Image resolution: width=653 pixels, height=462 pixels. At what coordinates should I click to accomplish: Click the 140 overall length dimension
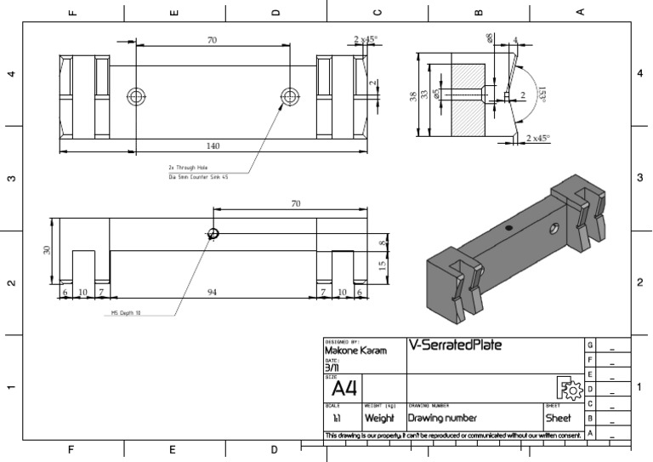click(213, 146)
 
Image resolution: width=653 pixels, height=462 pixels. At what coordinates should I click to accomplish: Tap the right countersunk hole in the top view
click(289, 94)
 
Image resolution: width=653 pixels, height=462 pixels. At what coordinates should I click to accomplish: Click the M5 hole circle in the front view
click(213, 234)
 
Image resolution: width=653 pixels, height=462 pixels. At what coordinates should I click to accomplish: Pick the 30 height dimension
click(48, 250)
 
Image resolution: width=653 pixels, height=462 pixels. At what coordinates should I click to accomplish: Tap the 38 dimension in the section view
click(414, 96)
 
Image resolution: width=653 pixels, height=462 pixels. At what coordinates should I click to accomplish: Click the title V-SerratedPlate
click(455, 345)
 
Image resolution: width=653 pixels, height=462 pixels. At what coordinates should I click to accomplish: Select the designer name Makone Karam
click(355, 351)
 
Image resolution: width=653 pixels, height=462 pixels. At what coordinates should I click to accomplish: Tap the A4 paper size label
click(344, 390)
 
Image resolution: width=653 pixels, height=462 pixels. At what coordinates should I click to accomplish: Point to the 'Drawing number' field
click(441, 419)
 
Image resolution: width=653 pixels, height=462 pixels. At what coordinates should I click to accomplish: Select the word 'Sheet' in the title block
click(558, 419)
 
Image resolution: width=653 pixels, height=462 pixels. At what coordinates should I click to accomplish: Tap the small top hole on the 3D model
click(508, 228)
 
